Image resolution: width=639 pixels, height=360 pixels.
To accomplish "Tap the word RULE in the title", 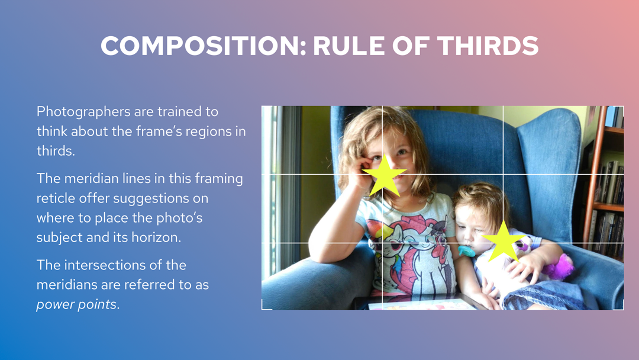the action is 349,46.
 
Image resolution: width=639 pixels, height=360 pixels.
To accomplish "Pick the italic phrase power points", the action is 76,304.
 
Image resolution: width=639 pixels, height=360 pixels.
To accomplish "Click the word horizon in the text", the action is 156,237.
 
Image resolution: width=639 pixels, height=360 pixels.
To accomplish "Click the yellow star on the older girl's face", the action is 384,176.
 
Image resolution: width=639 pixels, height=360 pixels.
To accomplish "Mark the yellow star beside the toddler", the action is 504,242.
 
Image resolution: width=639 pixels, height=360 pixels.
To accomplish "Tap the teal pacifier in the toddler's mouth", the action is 466,250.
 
